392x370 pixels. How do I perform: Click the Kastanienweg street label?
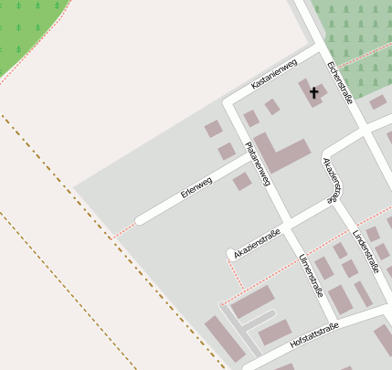point(274,75)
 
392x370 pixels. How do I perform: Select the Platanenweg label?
point(258,164)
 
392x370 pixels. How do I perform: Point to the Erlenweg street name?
point(196,186)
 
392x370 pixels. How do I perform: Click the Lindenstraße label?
point(366,244)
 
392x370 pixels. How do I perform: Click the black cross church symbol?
point(314,92)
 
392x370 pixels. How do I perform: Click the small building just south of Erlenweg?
point(242,182)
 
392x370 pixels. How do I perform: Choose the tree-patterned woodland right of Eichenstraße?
point(356,37)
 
